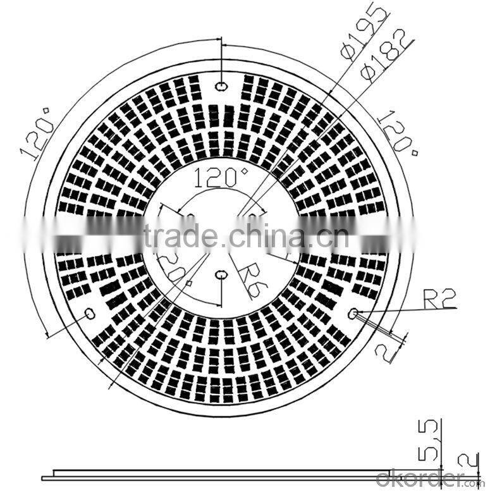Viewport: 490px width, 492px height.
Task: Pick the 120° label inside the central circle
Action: point(221,178)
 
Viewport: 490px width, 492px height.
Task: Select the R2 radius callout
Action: point(438,298)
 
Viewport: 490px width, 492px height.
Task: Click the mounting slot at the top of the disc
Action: point(222,86)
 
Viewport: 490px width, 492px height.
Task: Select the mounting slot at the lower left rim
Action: point(89,313)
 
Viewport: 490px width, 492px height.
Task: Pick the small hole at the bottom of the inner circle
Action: point(221,274)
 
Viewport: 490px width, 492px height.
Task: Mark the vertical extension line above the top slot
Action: point(222,57)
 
